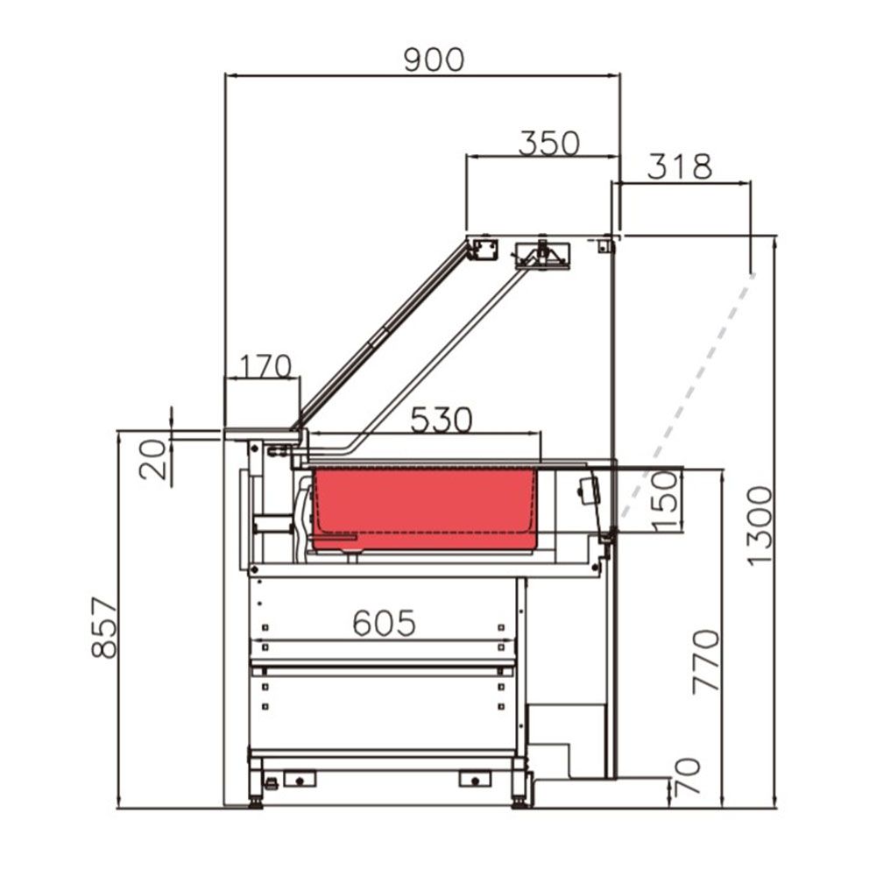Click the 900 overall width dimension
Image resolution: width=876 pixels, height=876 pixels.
(433, 60)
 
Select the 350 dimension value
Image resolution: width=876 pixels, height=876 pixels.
(548, 143)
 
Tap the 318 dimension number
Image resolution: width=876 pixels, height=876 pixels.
(680, 166)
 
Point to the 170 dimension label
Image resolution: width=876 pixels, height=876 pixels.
(263, 366)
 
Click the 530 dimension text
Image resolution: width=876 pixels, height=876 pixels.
(442, 420)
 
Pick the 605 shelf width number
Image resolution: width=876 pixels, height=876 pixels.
(384, 623)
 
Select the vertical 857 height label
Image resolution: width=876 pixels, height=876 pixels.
(104, 627)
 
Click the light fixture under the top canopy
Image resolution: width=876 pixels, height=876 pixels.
(543, 255)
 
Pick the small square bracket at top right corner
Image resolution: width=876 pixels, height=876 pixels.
(603, 246)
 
